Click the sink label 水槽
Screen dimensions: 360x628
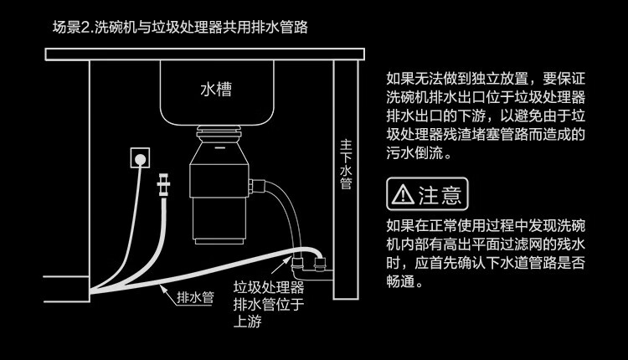point(216,88)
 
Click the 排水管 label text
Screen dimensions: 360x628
point(196,297)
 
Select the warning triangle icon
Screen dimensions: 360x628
point(402,195)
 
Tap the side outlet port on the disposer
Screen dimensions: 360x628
point(259,182)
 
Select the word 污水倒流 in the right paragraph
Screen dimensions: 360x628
point(419,155)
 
